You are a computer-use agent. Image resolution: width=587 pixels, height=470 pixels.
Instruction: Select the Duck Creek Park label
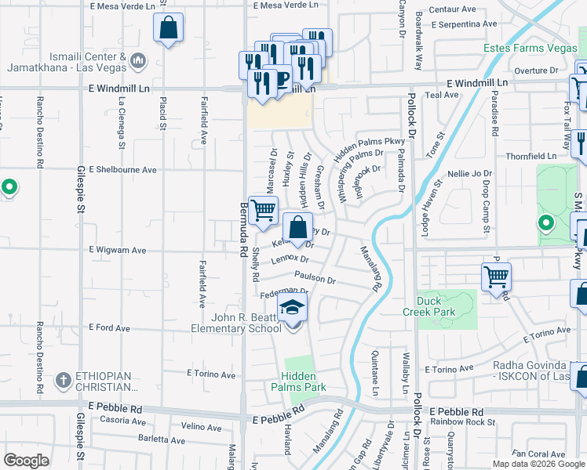[446, 305]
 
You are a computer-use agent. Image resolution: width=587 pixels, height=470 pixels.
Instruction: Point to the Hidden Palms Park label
[297, 380]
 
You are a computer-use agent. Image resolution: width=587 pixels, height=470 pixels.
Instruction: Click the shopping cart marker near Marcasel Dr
[264, 210]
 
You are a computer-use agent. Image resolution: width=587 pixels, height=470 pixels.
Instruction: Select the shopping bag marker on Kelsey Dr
[297, 229]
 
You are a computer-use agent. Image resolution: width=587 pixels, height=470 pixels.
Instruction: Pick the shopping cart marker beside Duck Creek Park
[496, 277]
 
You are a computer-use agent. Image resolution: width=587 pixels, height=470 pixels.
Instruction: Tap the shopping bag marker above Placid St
[169, 28]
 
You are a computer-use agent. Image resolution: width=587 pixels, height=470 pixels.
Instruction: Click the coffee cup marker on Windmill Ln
[280, 78]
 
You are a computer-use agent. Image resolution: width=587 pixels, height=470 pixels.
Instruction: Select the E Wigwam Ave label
[118, 251]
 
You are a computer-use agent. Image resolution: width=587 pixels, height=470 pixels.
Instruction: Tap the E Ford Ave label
[110, 327]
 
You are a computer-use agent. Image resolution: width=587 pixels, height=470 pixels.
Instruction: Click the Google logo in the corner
[27, 460]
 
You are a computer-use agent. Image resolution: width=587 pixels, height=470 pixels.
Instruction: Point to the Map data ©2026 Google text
[538, 464]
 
